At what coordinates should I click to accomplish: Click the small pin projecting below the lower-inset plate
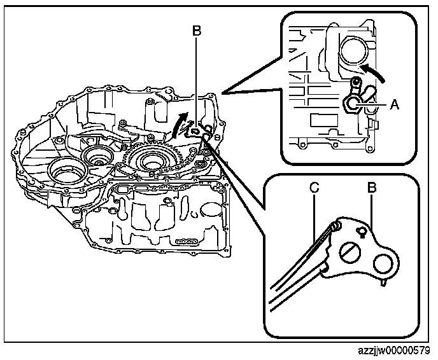coord(382,284)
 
